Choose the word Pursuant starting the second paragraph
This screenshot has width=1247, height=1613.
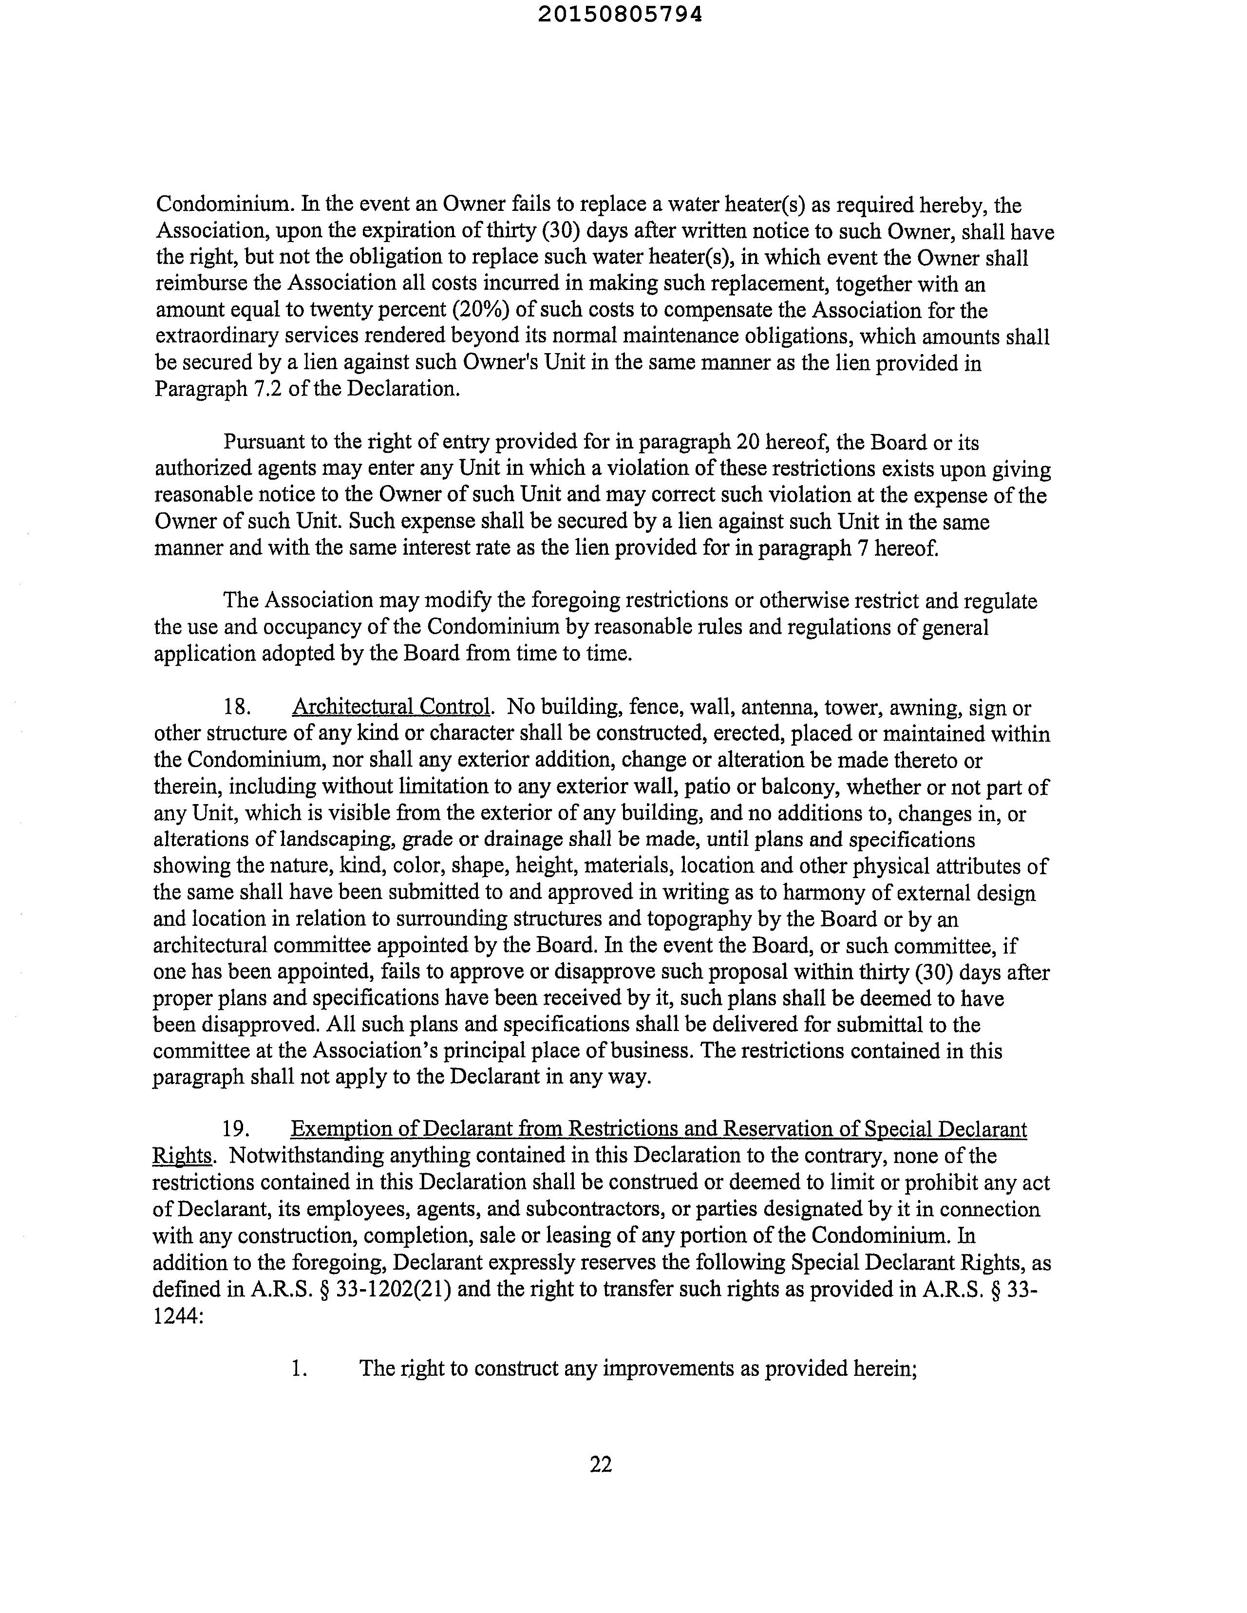point(265,442)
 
